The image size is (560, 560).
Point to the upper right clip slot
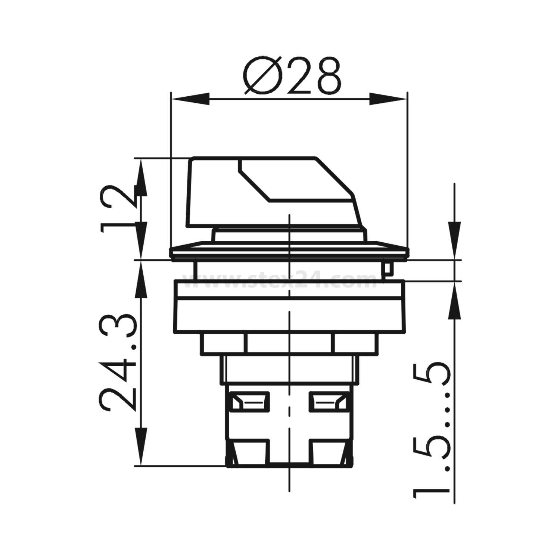point(329,402)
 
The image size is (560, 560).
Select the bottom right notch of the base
point(329,452)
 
